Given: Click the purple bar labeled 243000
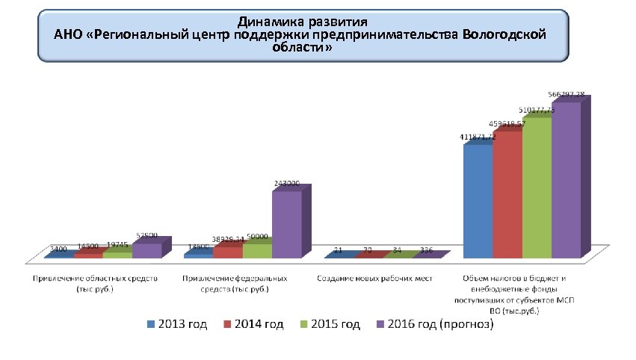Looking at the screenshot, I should point(285,224).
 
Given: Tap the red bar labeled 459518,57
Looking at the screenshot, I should point(507,196).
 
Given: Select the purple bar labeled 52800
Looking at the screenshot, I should point(146,250).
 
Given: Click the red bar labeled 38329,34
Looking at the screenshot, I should point(227,252).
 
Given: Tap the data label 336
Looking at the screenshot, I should point(427,249).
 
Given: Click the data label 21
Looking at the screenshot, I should point(339,249).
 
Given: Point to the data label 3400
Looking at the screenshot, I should point(58,249).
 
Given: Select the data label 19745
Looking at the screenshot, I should point(117,244).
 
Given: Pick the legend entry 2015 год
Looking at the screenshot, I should point(333,324).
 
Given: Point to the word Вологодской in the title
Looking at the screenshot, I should point(504,34).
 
